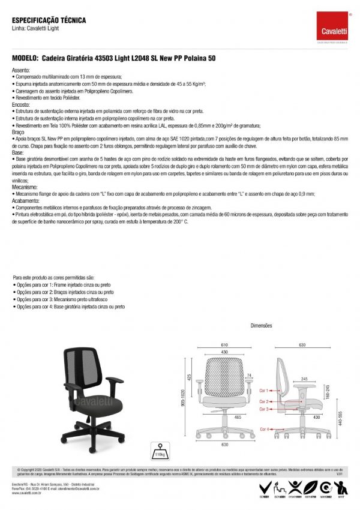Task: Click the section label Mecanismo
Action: pyautogui.click(x=26, y=187)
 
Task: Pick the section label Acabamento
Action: pyautogui.click(x=26, y=201)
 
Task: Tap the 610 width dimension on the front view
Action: pyautogui.click(x=223, y=345)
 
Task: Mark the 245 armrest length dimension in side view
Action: pyautogui.click(x=305, y=379)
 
